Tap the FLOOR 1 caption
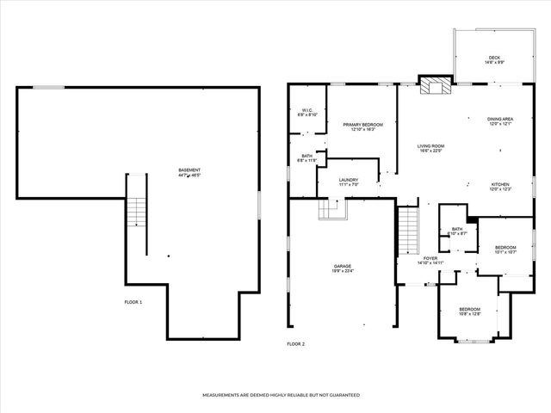tap(133, 302)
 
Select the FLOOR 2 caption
tap(295, 344)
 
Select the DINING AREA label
tap(500, 120)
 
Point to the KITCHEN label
tap(501, 185)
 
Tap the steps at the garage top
tap(331, 209)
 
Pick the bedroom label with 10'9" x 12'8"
tap(469, 311)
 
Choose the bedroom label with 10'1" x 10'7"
tap(505, 249)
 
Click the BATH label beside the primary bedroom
tap(307, 158)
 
